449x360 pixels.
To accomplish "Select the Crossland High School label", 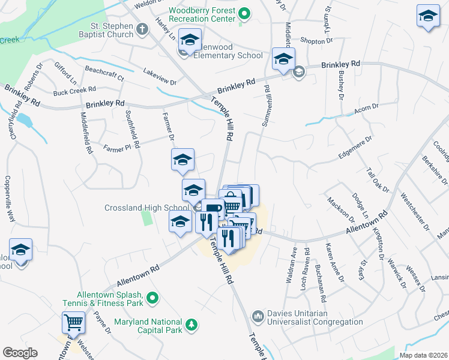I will click(x=147, y=208).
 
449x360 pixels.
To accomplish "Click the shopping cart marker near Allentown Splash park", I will click(x=73, y=323).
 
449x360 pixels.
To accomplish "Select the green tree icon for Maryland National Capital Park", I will click(x=191, y=325).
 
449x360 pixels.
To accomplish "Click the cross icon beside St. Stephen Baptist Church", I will click(x=142, y=29).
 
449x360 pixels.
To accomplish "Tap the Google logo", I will click(x=20, y=353).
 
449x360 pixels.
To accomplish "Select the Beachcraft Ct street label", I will click(x=104, y=74).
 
